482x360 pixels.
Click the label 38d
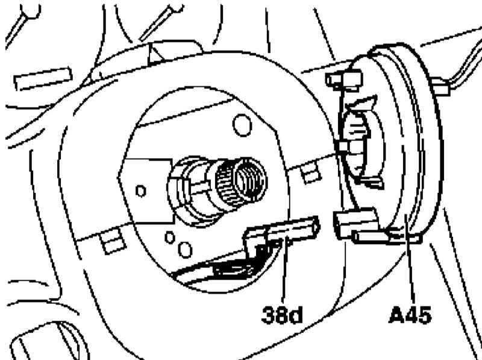click(282, 314)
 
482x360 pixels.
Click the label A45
click(410, 314)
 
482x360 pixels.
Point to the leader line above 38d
click(284, 270)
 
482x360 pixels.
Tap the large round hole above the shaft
click(242, 125)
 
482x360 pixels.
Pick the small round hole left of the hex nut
click(140, 191)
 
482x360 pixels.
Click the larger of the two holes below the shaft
click(185, 250)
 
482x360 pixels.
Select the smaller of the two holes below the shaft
click(170, 238)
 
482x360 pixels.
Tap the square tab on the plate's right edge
click(310, 174)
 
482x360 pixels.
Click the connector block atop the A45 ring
click(344, 80)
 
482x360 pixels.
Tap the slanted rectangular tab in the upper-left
click(43, 79)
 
